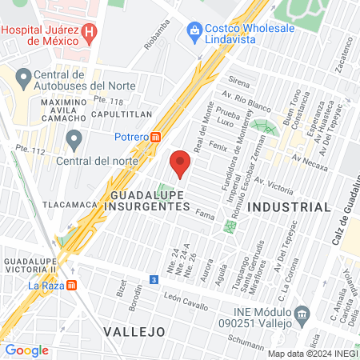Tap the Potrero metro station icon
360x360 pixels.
pyautogui.click(x=155, y=136)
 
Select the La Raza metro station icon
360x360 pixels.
pyautogui.click(x=72, y=284)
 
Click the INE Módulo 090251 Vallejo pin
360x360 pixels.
pyautogui.click(x=301, y=312)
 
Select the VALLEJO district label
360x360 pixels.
pyautogui.click(x=134, y=330)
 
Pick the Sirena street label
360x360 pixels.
pyautogui.click(x=239, y=81)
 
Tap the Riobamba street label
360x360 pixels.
pyautogui.click(x=158, y=34)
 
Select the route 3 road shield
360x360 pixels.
pyautogui.click(x=154, y=279)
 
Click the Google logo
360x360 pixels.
pyautogui.click(x=26, y=350)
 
